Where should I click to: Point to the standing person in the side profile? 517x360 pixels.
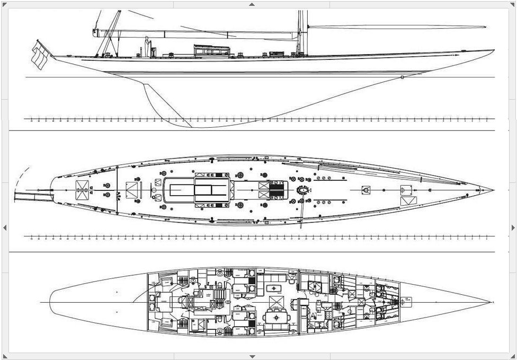pyautogui.click(x=147, y=46)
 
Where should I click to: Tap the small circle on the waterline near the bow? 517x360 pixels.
pyautogui.click(x=403, y=77)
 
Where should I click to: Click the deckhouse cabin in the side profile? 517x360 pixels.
pyautogui.click(x=211, y=50)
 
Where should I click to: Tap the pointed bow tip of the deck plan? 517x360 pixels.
pyautogui.click(x=493, y=190)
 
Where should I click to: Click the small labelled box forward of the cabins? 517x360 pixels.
pyautogui.click(x=407, y=301)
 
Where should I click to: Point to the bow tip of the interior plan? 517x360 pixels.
pyautogui.click(x=491, y=302)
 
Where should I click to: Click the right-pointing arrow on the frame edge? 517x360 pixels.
pyautogui.click(x=513, y=227)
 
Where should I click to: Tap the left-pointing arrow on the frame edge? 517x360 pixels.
pyautogui.click(x=5, y=227)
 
